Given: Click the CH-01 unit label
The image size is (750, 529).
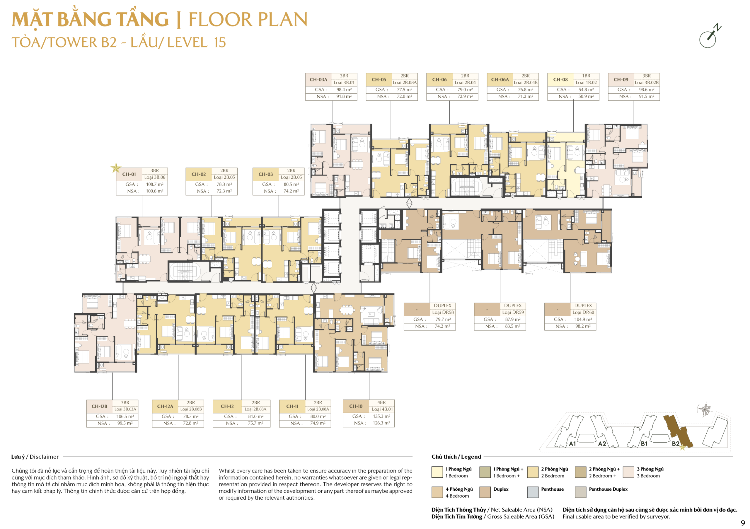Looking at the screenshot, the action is [129, 174].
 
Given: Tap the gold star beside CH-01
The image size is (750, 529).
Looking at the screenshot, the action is [116, 168].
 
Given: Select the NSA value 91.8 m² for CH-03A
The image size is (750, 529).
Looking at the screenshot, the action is [344, 97].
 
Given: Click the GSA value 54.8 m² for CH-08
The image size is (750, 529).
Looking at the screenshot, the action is [586, 89].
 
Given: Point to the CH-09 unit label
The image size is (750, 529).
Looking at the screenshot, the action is [621, 80].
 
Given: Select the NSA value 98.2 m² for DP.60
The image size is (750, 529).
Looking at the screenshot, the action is [583, 326].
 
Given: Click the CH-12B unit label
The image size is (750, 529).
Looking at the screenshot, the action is [99, 407].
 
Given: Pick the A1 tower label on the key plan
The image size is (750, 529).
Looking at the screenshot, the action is [572, 444].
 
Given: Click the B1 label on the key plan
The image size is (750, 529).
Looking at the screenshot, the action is [644, 444].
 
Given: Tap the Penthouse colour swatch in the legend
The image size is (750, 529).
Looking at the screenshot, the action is [533, 492].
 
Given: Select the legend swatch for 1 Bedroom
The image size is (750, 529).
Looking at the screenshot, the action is [437, 472].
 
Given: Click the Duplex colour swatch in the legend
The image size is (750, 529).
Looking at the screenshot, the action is [485, 492].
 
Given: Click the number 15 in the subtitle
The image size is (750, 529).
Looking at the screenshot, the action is [220, 43].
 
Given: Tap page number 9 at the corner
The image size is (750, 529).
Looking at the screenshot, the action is [742, 523].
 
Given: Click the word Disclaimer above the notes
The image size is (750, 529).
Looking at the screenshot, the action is [44, 457].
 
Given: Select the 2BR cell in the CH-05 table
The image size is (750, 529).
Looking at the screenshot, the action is [404, 76].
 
